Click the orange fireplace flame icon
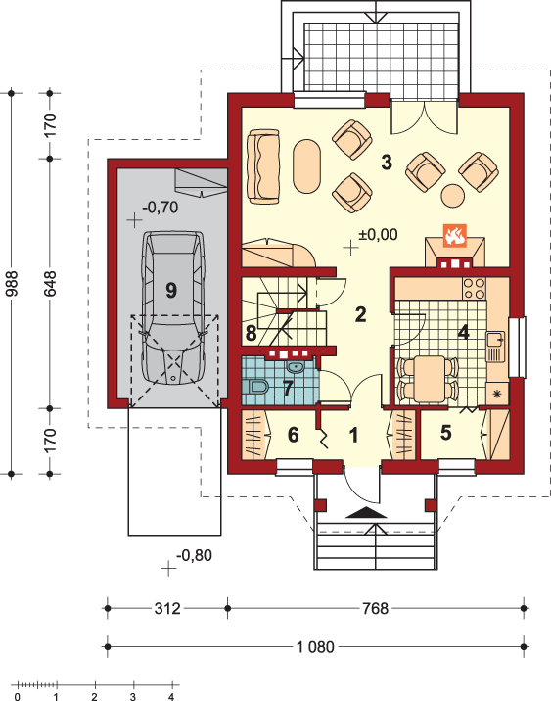tap(455, 236)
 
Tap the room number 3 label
tap(387, 163)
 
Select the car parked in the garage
tap(173, 307)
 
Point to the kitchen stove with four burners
tap(474, 289)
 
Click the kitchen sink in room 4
tap(495, 346)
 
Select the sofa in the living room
tap(263, 166)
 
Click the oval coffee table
tap(307, 166)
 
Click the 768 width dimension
tap(376, 608)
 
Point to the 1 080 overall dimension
tap(315, 647)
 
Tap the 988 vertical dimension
tap(11, 284)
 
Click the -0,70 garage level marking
tap(161, 208)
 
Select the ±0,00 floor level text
tap(378, 234)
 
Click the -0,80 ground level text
tap(195, 556)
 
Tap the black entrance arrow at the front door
tap(366, 513)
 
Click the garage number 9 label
tap(171, 290)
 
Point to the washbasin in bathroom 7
tap(296, 367)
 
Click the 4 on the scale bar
tap(171, 696)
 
